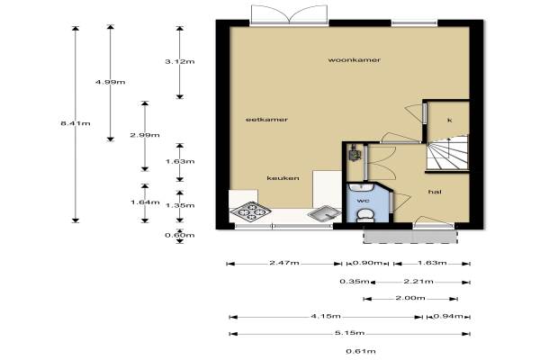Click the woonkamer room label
[x=354, y=60]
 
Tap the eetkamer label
[x=266, y=120]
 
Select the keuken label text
[x=283, y=178]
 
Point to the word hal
[x=435, y=192]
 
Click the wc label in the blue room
[x=364, y=201]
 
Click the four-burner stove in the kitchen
[x=251, y=211]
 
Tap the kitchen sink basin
[x=324, y=213]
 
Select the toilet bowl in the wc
[x=365, y=215]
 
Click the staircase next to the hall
[x=447, y=153]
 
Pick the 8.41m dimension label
[x=76, y=123]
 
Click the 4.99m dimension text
[x=110, y=82]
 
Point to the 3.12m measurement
[x=179, y=62]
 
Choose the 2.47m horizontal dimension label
[x=284, y=263]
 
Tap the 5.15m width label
[x=349, y=333]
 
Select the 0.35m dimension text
[x=355, y=282]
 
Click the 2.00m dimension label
[x=410, y=298]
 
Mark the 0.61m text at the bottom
[x=361, y=351]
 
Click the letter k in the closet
[x=449, y=121]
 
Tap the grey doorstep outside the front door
[x=410, y=237]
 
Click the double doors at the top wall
[x=289, y=15]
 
